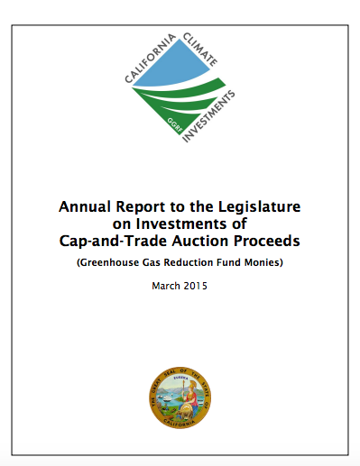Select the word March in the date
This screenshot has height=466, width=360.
click(x=168, y=287)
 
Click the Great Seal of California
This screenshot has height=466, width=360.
click(x=180, y=396)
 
